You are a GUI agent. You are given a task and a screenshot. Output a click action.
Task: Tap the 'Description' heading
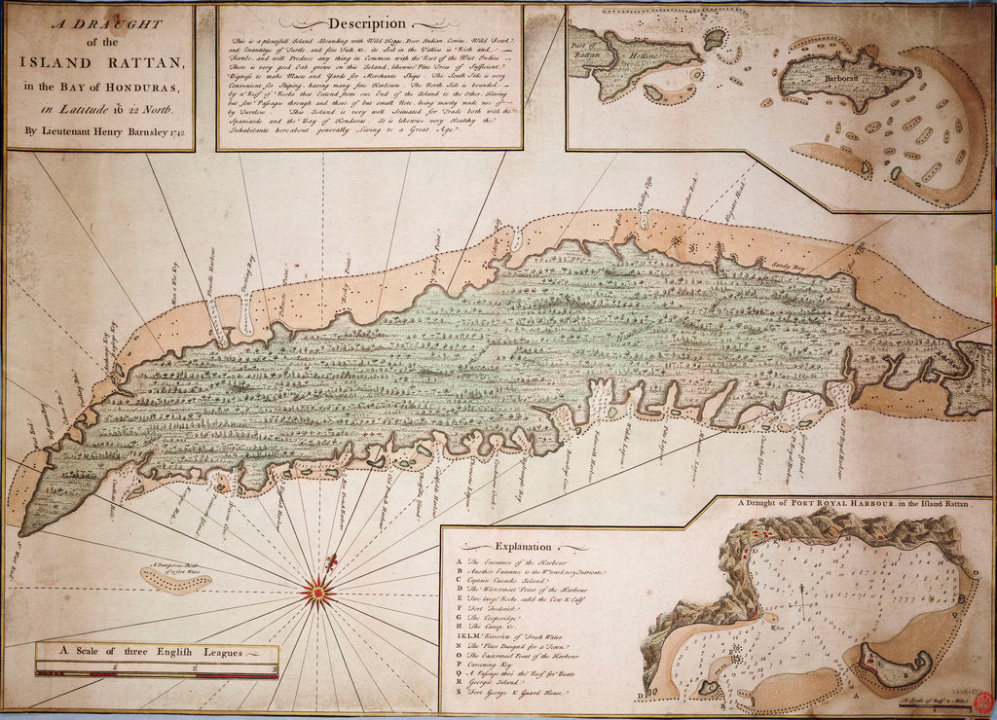pos(366,22)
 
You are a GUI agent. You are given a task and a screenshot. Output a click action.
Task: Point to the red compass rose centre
pos(316,588)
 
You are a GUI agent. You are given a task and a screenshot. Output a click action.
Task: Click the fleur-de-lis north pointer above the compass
pos(331,562)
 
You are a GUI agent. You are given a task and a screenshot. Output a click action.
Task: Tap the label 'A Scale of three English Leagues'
pos(156,652)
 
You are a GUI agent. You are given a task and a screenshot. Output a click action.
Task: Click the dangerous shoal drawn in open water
pos(175,580)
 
